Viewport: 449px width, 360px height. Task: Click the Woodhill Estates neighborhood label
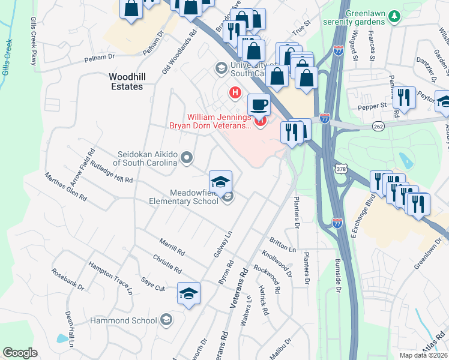tap(126, 82)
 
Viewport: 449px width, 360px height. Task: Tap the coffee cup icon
tap(259, 105)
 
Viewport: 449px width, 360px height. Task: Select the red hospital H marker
tap(235, 93)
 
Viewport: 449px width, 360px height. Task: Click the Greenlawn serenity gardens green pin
tap(394, 15)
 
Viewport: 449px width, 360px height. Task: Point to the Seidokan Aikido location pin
tap(187, 158)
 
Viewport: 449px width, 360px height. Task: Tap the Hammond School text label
tap(123, 320)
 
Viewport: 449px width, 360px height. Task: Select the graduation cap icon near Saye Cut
tap(188, 293)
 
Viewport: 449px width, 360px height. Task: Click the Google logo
tap(20, 353)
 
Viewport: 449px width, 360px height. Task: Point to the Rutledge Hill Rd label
tap(111, 173)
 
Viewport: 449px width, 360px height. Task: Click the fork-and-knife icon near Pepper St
tap(405, 97)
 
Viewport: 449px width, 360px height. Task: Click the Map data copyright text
tap(423, 355)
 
